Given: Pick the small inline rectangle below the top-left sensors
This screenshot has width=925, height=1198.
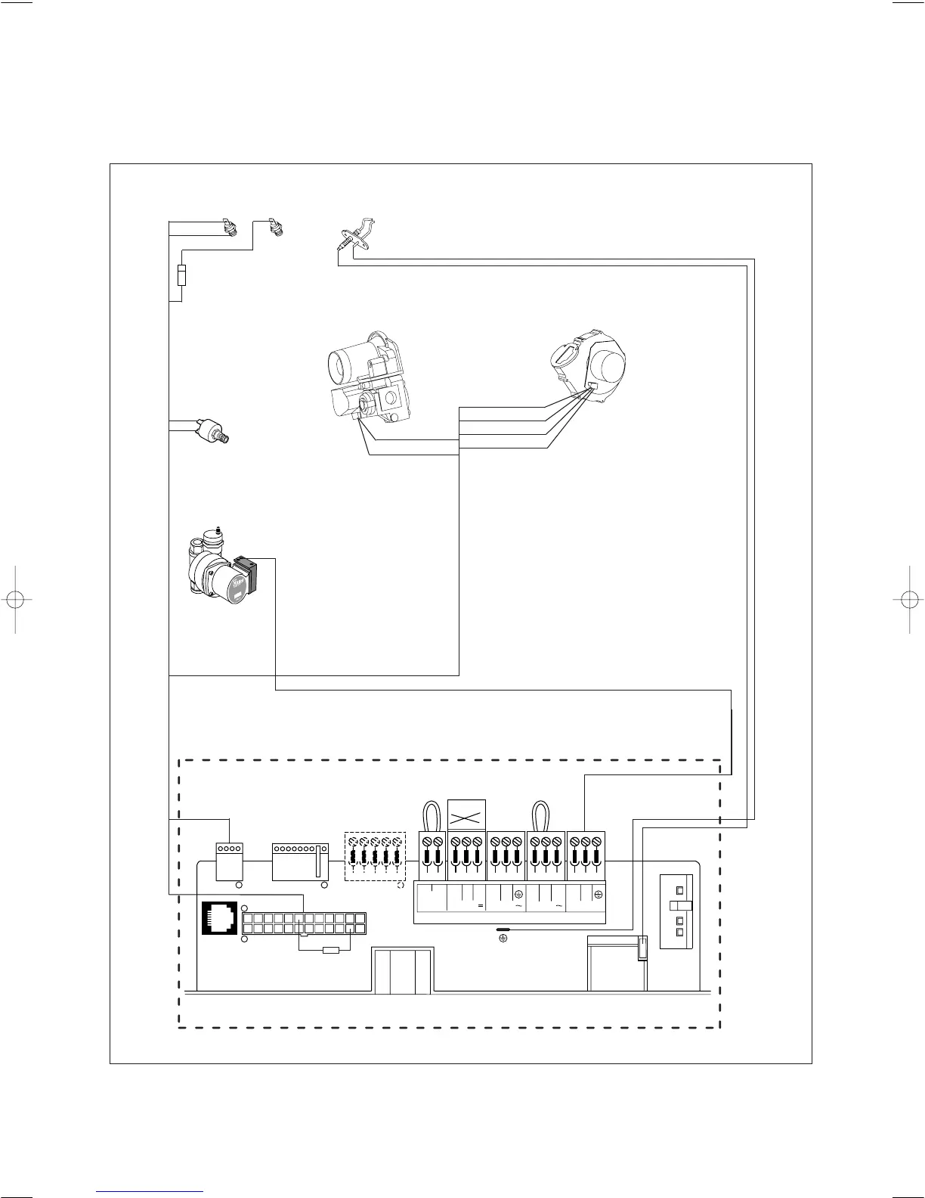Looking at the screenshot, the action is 181,276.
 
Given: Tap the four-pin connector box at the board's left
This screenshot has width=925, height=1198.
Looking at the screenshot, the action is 228,861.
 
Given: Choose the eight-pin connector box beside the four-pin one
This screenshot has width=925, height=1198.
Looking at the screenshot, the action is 299,861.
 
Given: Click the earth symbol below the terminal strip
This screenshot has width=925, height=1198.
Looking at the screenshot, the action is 503,939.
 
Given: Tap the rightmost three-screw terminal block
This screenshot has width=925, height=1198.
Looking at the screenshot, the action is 586,855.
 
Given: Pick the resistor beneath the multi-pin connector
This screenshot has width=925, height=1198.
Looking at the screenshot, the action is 330,950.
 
